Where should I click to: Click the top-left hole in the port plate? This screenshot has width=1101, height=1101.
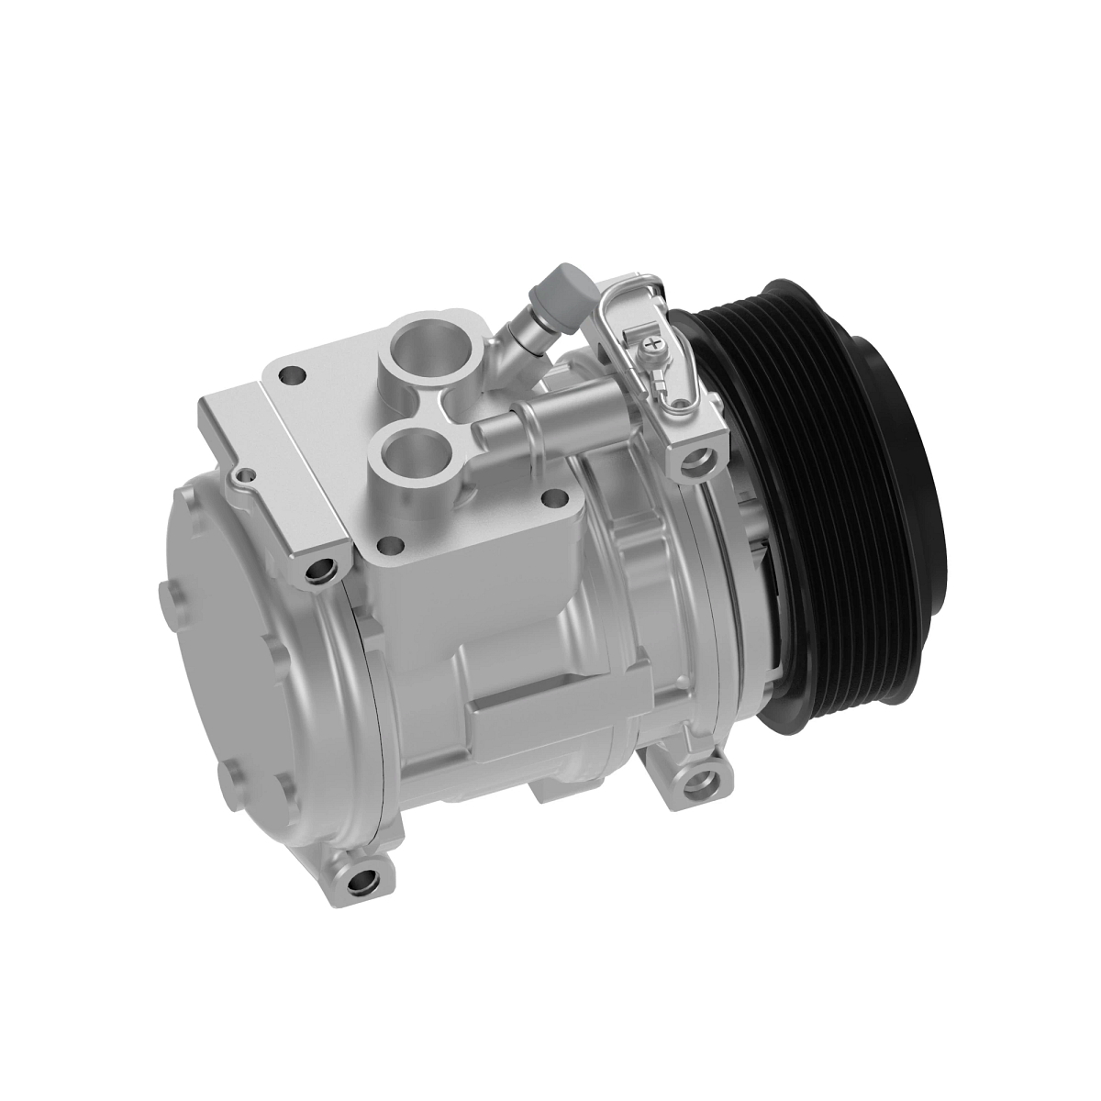point(293,374)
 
